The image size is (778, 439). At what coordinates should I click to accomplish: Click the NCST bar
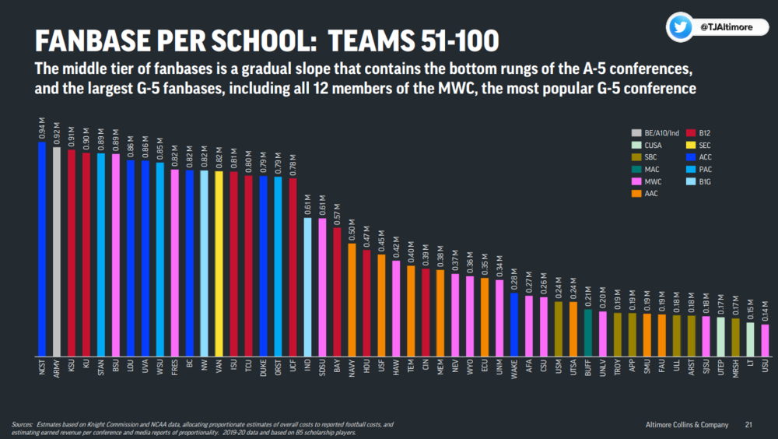[42, 249]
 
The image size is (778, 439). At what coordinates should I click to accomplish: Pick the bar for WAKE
[514, 324]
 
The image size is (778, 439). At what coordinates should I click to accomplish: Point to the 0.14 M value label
[765, 314]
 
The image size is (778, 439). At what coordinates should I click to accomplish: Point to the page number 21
[748, 425]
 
